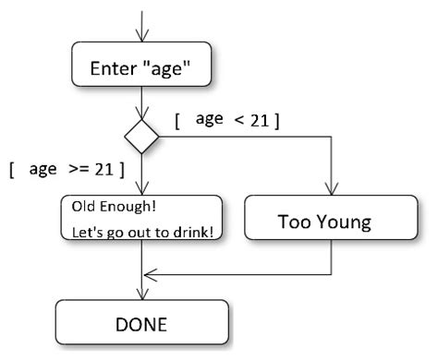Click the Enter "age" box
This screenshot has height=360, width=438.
click(x=141, y=66)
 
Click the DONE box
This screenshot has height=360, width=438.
click(x=141, y=324)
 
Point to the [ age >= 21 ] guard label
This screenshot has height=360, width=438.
click(x=67, y=170)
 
